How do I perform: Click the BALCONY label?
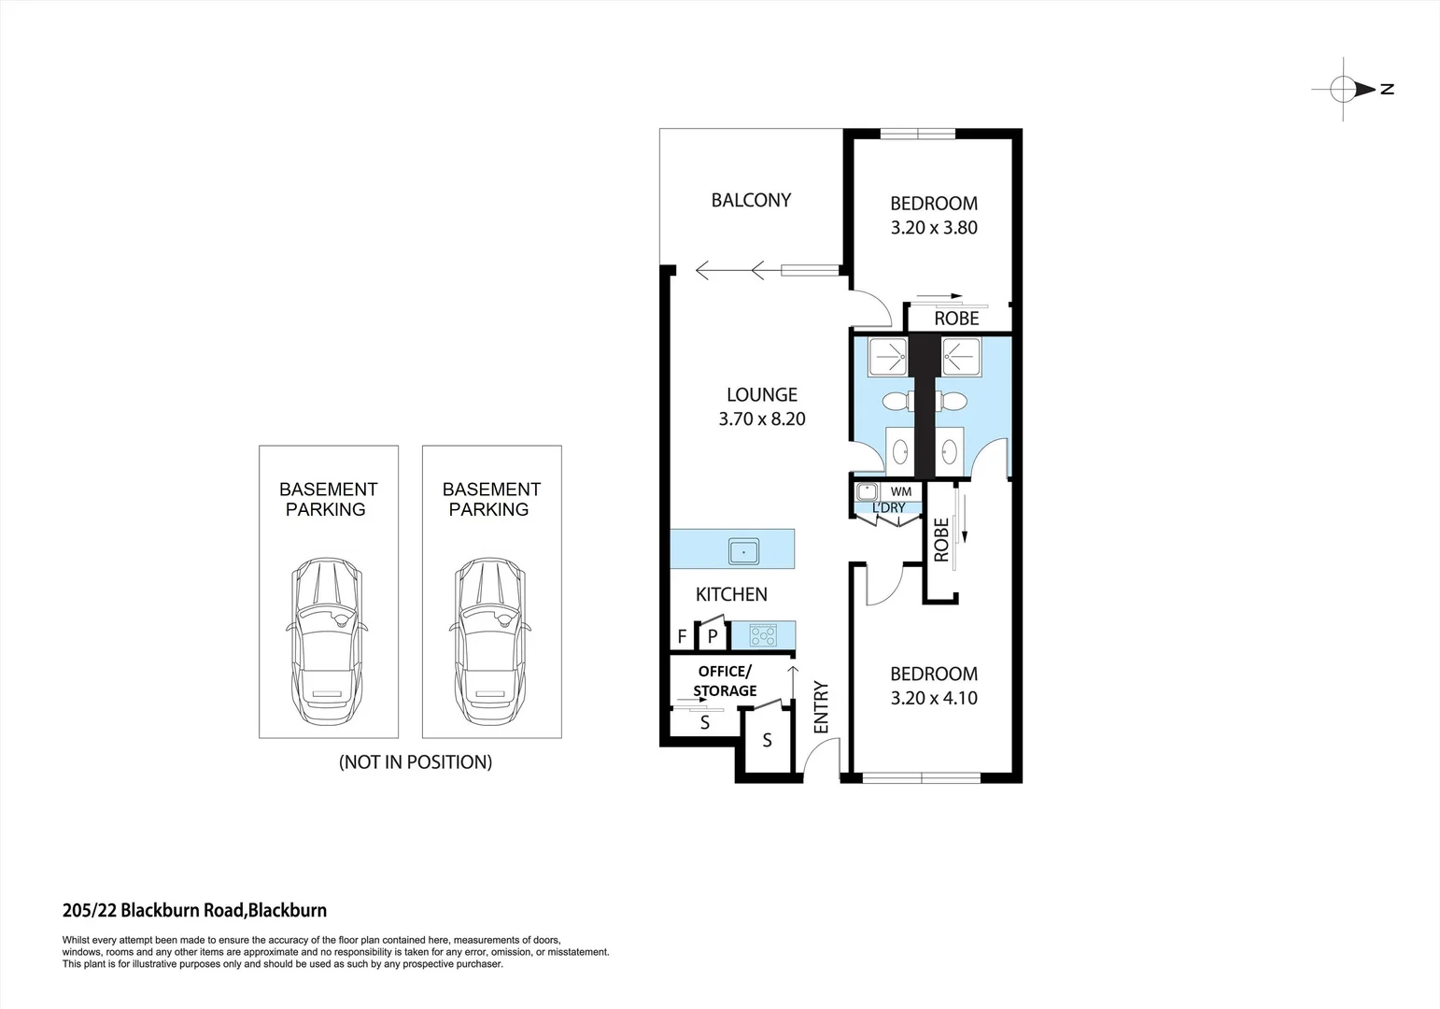[x=751, y=200]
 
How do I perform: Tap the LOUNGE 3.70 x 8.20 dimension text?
[x=762, y=419]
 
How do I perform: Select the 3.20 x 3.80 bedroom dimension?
[x=933, y=227]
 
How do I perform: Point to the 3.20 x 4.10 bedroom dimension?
[x=933, y=698]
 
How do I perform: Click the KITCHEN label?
[x=731, y=594]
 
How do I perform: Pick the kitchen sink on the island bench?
[x=744, y=551]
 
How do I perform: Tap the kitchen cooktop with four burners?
[x=764, y=636]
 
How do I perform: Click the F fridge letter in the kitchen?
[x=682, y=637]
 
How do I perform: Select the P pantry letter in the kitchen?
[x=712, y=637]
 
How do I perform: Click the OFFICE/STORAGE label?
[x=725, y=681]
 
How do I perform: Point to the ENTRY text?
[x=822, y=707]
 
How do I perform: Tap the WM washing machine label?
[x=900, y=491]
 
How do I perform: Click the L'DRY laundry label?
[x=888, y=507]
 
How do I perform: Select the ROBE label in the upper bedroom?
[x=956, y=319]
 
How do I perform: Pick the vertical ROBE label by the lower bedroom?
[x=941, y=540]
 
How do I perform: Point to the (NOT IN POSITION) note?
[x=415, y=761]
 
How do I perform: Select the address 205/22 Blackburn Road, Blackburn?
[x=194, y=910]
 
